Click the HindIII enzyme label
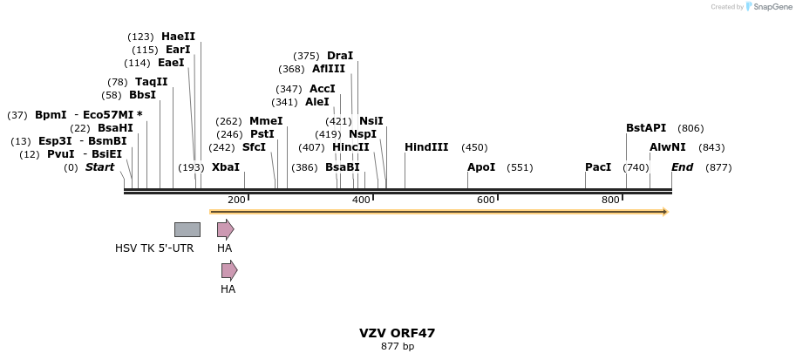425,147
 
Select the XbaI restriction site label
225,167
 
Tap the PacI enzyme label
598,167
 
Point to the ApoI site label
480,167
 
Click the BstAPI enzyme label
646,128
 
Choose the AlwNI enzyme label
668,147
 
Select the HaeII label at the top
178,37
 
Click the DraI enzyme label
340,56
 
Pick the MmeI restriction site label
266,121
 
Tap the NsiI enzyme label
371,121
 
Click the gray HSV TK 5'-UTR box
187,229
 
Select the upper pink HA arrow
225,229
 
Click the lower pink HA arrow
229,270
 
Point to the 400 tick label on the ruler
361,200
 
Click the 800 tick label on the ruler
610,200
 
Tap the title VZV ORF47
397,333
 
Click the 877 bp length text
397,347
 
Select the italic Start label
99,167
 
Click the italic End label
682,167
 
